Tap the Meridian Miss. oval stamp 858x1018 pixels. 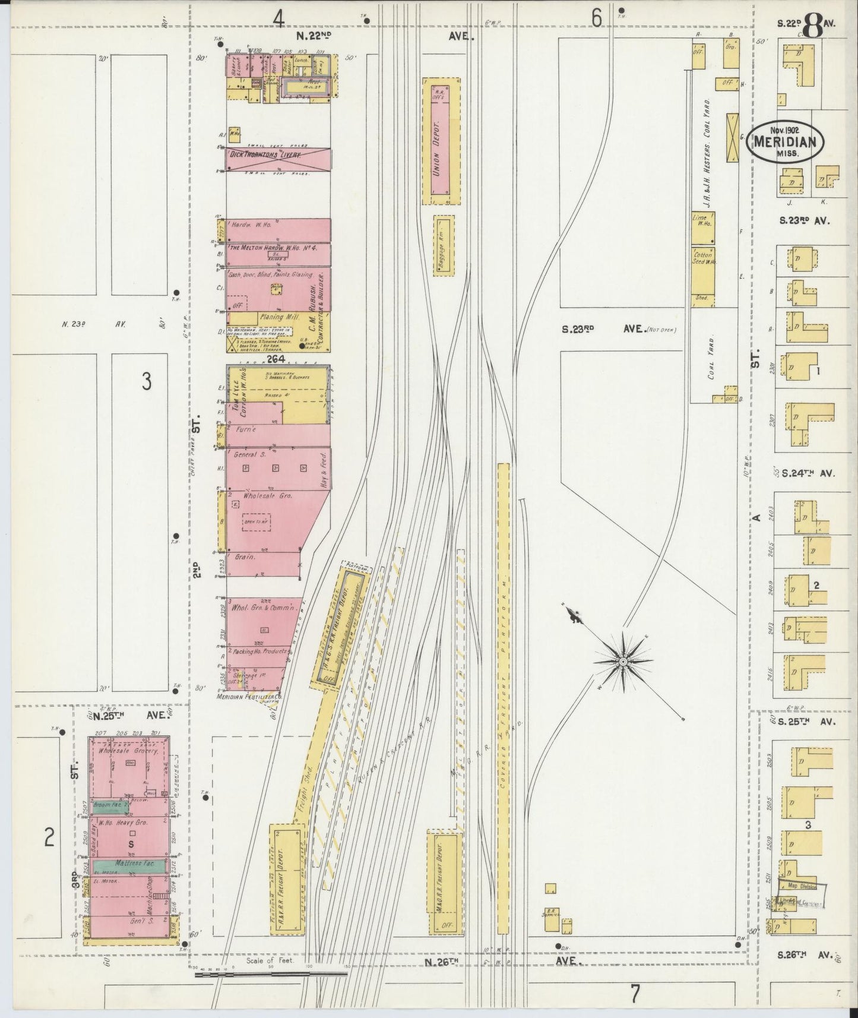pos(785,141)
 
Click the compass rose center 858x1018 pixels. pos(623,661)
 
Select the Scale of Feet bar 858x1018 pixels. pos(271,974)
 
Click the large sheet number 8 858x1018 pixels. pos(813,26)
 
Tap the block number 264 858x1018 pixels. pos(276,359)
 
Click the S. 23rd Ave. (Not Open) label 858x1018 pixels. pos(618,329)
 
